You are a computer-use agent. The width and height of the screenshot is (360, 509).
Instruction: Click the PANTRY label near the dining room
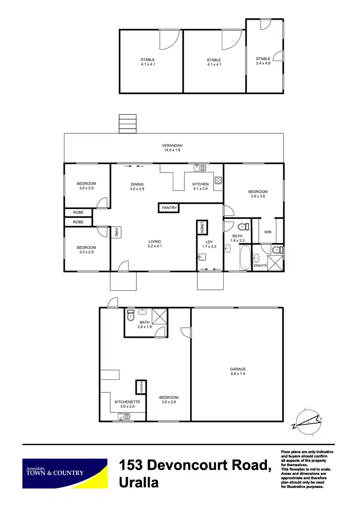[169, 208]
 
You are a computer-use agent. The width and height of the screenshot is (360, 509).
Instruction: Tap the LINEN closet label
[202, 227]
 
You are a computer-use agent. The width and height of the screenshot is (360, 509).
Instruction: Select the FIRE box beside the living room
[116, 233]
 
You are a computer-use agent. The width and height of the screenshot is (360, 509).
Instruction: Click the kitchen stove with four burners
[218, 180]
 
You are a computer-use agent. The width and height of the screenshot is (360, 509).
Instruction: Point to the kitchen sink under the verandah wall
[200, 167]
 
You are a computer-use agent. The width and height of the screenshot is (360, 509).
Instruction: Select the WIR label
[268, 233]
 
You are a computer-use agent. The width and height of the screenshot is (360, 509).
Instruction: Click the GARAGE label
[238, 369]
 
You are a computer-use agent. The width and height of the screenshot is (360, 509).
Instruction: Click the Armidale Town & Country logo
[65, 473]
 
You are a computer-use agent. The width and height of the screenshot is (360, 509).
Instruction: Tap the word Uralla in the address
[139, 482]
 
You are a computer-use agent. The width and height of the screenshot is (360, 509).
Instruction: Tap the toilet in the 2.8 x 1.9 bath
[130, 316]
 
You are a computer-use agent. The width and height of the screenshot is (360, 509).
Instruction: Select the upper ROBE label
[78, 212]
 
